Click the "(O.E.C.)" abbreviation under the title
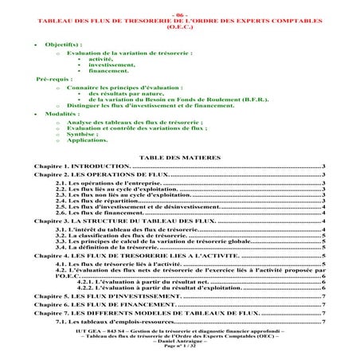click(179, 23)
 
